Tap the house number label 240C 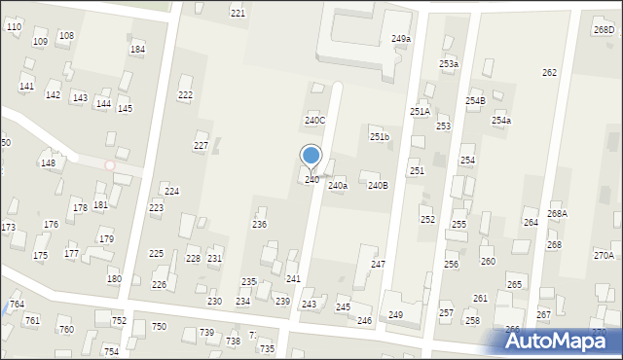314,121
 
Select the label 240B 378,185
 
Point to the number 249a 401,39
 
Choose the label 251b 379,137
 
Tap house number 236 259,225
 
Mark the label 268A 557,213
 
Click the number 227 201,146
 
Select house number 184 138,49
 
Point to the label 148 48,162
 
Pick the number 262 549,73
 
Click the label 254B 474,101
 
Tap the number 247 378,265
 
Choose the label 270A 604,255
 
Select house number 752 119,321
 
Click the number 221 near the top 238,13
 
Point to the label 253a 448,64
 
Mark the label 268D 604,30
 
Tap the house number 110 14,26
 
